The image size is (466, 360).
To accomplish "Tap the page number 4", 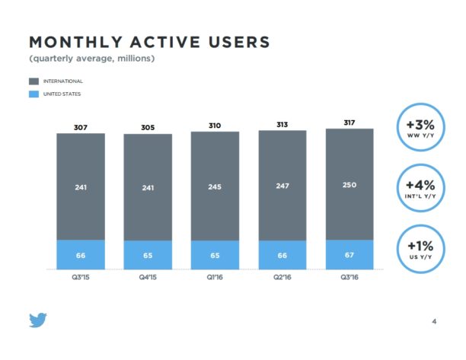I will coord(433,320).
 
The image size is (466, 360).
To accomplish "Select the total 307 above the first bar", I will coord(80,127).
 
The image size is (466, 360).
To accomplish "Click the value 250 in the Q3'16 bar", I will coord(349,184).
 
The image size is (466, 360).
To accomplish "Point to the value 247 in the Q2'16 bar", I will coord(282,185).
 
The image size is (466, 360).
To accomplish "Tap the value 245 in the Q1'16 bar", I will coord(215,186).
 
